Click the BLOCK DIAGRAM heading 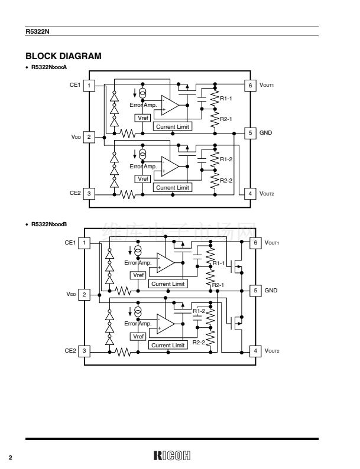coord(63,56)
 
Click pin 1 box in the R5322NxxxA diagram coord(89,86)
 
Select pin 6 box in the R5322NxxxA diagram coord(250,86)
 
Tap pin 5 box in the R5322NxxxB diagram coord(255,291)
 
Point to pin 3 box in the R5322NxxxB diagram coord(85,351)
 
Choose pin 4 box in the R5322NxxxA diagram coord(250,193)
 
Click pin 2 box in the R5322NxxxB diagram coord(85,294)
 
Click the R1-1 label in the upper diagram coord(226,98)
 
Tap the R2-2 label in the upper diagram coord(226,181)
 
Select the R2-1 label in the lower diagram coord(218,285)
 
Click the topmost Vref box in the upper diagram coord(142,118)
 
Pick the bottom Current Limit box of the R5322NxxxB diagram coord(168,345)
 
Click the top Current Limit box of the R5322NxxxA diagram coord(173,126)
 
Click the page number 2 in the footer coord(10,457)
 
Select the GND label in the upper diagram coord(265,133)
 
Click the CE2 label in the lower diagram coord(70,351)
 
